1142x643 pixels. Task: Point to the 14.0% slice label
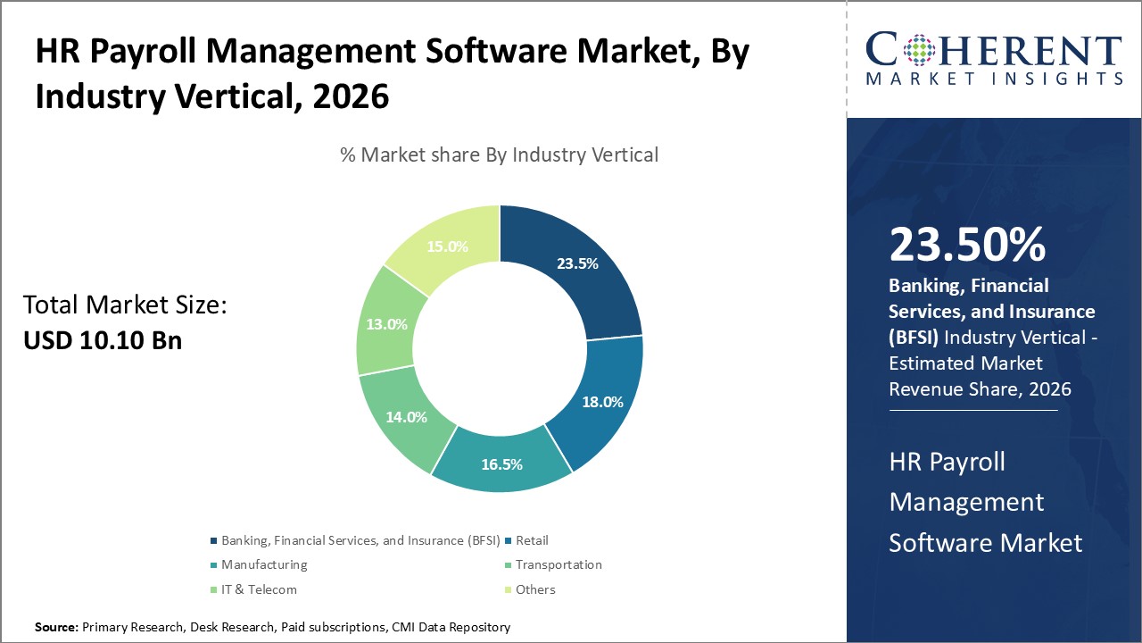coord(405,416)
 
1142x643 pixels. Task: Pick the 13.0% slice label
coord(386,324)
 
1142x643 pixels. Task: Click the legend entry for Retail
coord(532,540)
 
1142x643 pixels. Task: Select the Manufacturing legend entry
coord(264,564)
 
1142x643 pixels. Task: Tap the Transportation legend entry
coord(559,564)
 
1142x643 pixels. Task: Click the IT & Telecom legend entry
coord(259,589)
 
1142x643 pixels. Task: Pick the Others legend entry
coord(535,589)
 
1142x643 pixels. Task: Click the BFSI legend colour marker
coord(213,541)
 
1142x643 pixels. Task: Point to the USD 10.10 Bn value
coord(103,340)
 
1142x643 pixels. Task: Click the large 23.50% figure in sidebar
coord(967,246)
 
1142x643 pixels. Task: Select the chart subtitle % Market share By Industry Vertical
coord(499,154)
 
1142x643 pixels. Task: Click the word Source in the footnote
coord(56,628)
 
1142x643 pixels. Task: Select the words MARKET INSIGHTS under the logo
coord(995,79)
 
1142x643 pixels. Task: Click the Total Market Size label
coord(125,305)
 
